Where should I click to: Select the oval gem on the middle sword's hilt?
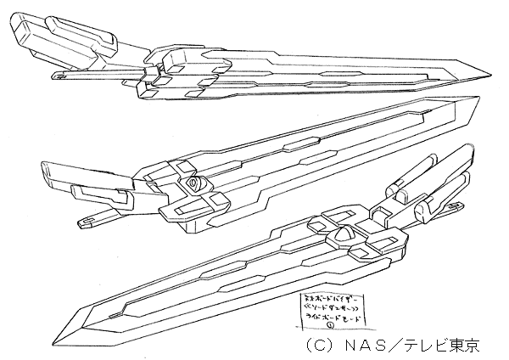(x=197, y=182)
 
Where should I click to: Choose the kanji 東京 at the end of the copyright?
(x=468, y=346)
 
